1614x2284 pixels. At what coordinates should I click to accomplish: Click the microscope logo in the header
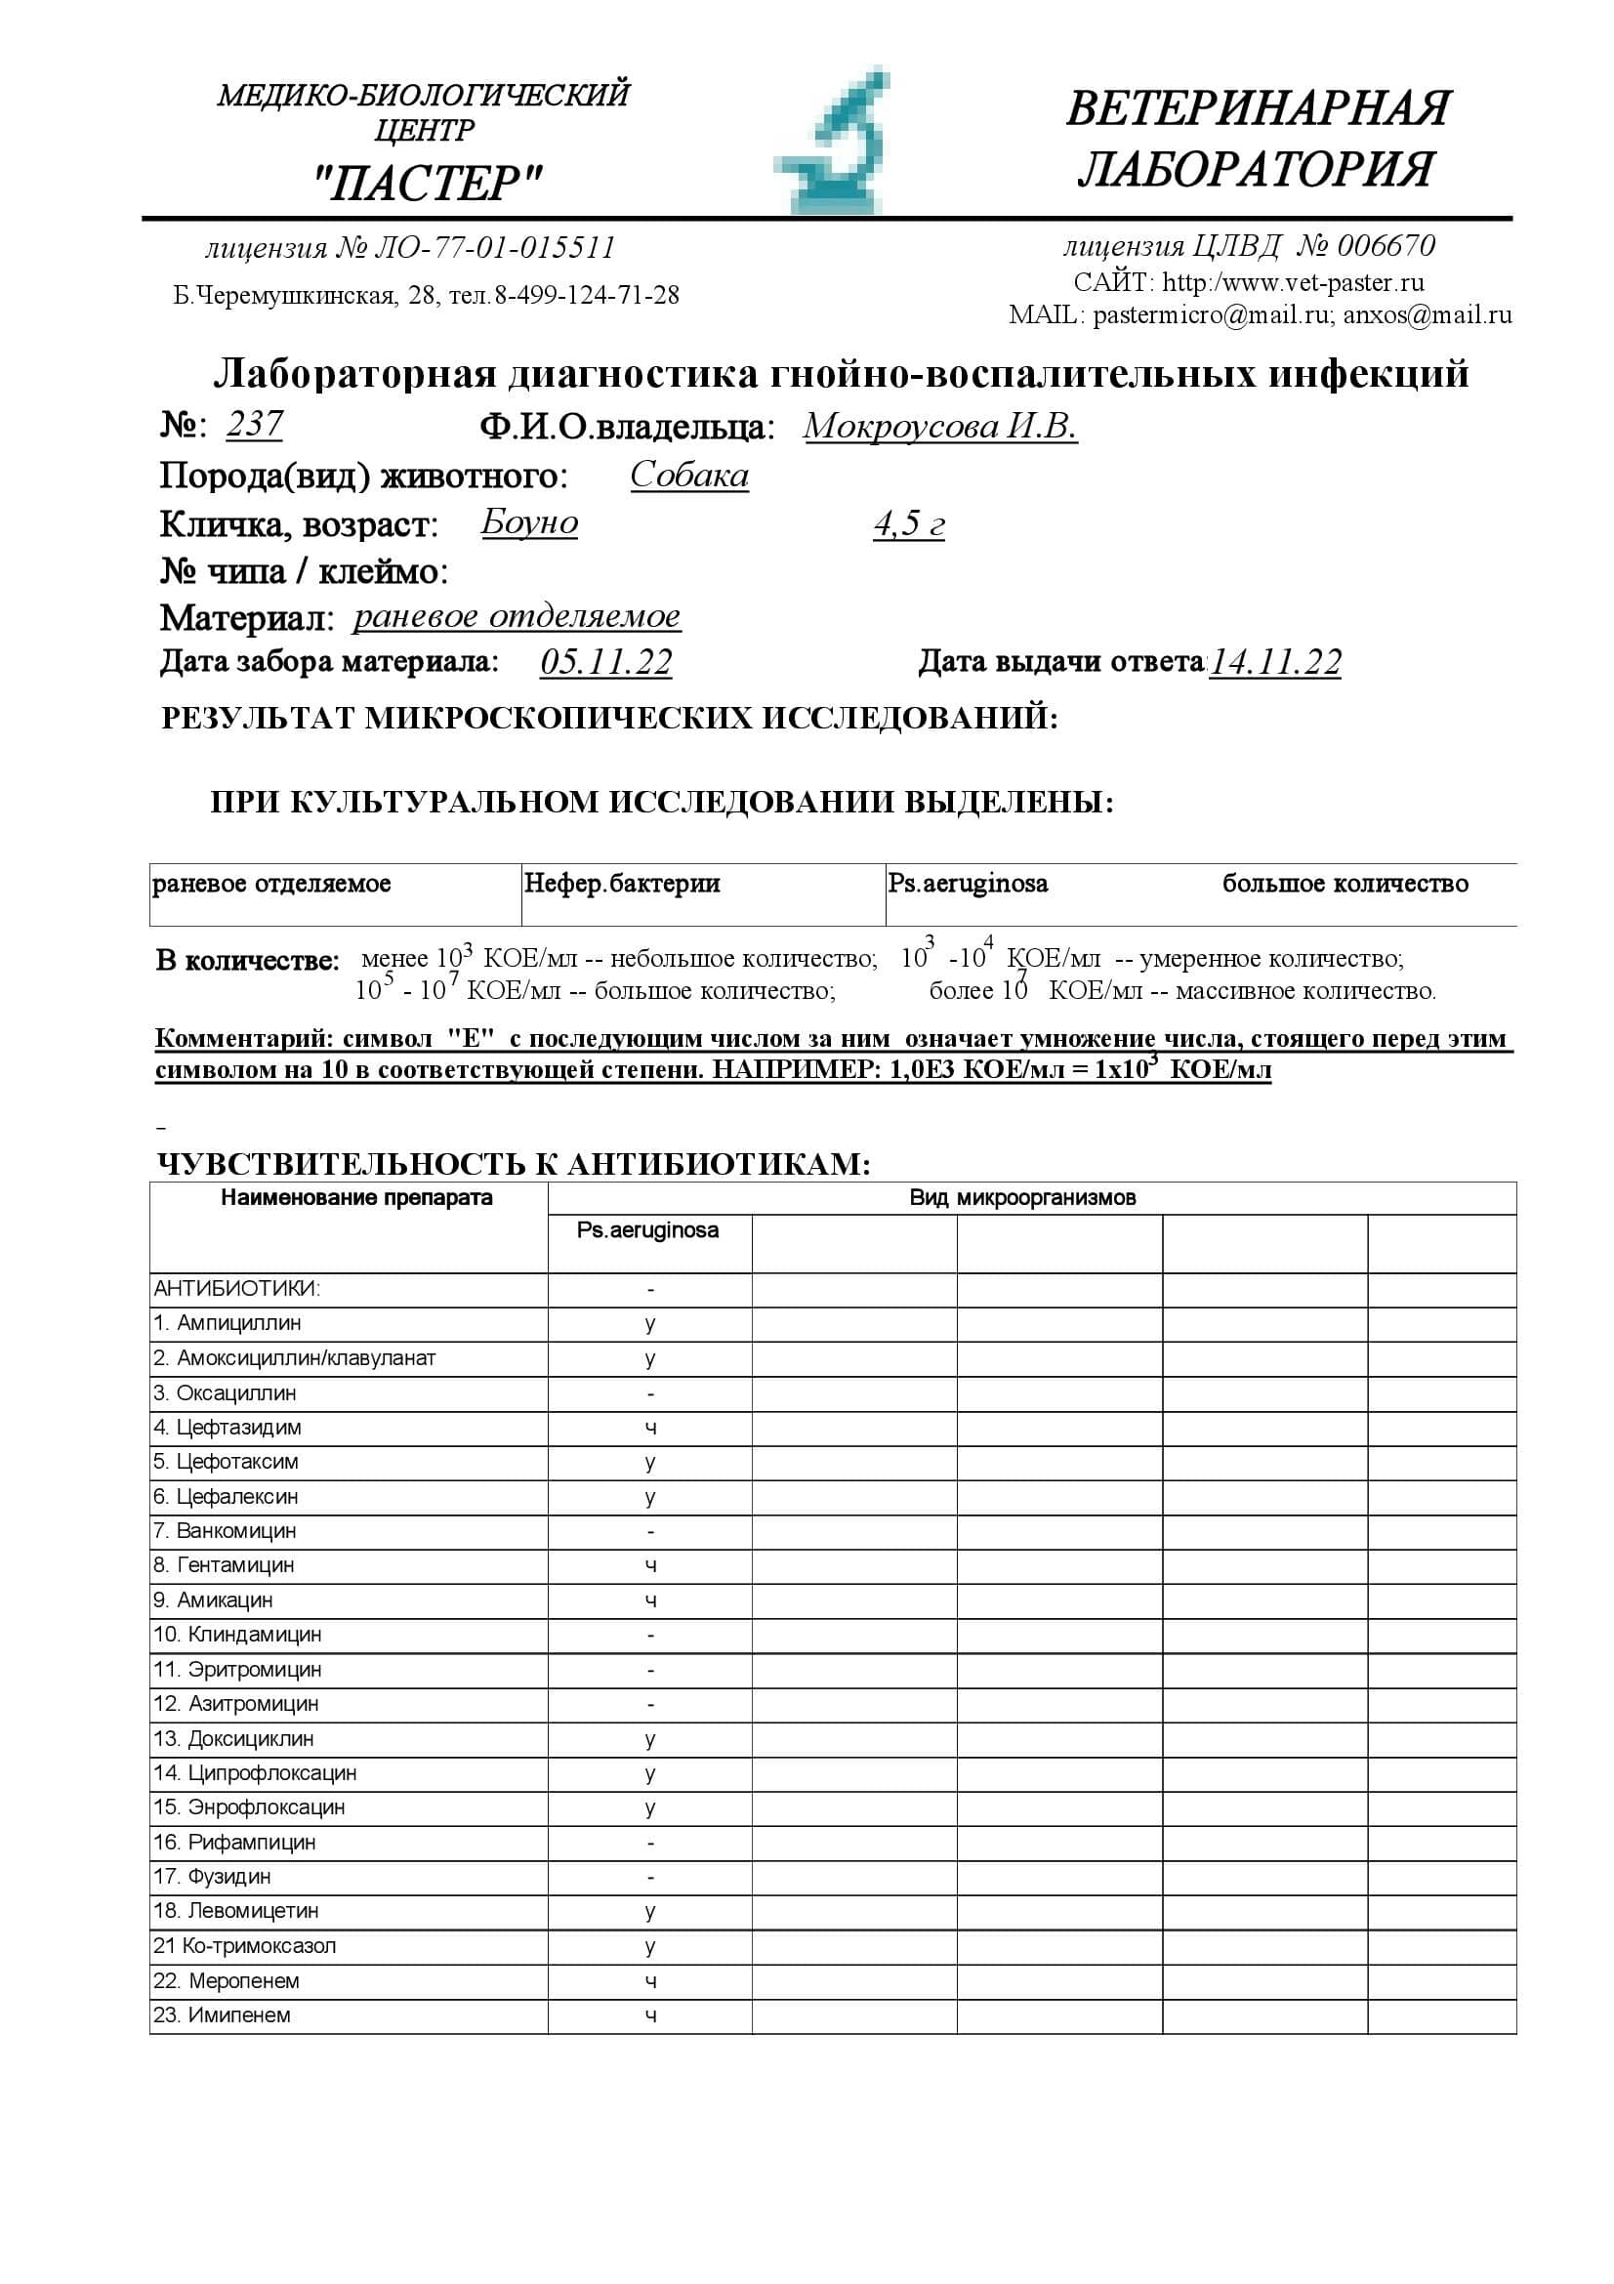833,143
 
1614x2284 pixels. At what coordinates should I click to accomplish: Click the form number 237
255,425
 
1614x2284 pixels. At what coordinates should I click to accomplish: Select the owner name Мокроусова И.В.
939,427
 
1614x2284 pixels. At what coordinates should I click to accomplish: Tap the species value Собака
689,476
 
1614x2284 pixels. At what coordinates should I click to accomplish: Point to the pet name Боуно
529,523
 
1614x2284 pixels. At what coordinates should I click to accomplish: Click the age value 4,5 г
909,524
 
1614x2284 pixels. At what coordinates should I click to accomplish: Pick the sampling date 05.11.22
605,662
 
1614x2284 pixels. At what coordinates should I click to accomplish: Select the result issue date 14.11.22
1275,662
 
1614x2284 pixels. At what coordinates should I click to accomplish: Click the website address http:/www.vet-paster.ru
1293,282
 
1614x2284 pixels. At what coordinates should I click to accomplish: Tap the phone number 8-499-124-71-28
587,296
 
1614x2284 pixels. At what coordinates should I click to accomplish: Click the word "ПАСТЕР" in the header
428,184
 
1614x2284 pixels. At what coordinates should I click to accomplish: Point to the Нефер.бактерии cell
622,884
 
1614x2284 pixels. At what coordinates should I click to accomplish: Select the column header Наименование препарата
356,1198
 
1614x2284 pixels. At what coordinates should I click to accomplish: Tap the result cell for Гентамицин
649,1565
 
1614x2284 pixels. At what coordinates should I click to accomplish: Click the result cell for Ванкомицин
649,1532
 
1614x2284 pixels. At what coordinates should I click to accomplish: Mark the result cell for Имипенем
649,2015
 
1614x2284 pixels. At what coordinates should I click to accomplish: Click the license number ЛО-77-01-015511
494,248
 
